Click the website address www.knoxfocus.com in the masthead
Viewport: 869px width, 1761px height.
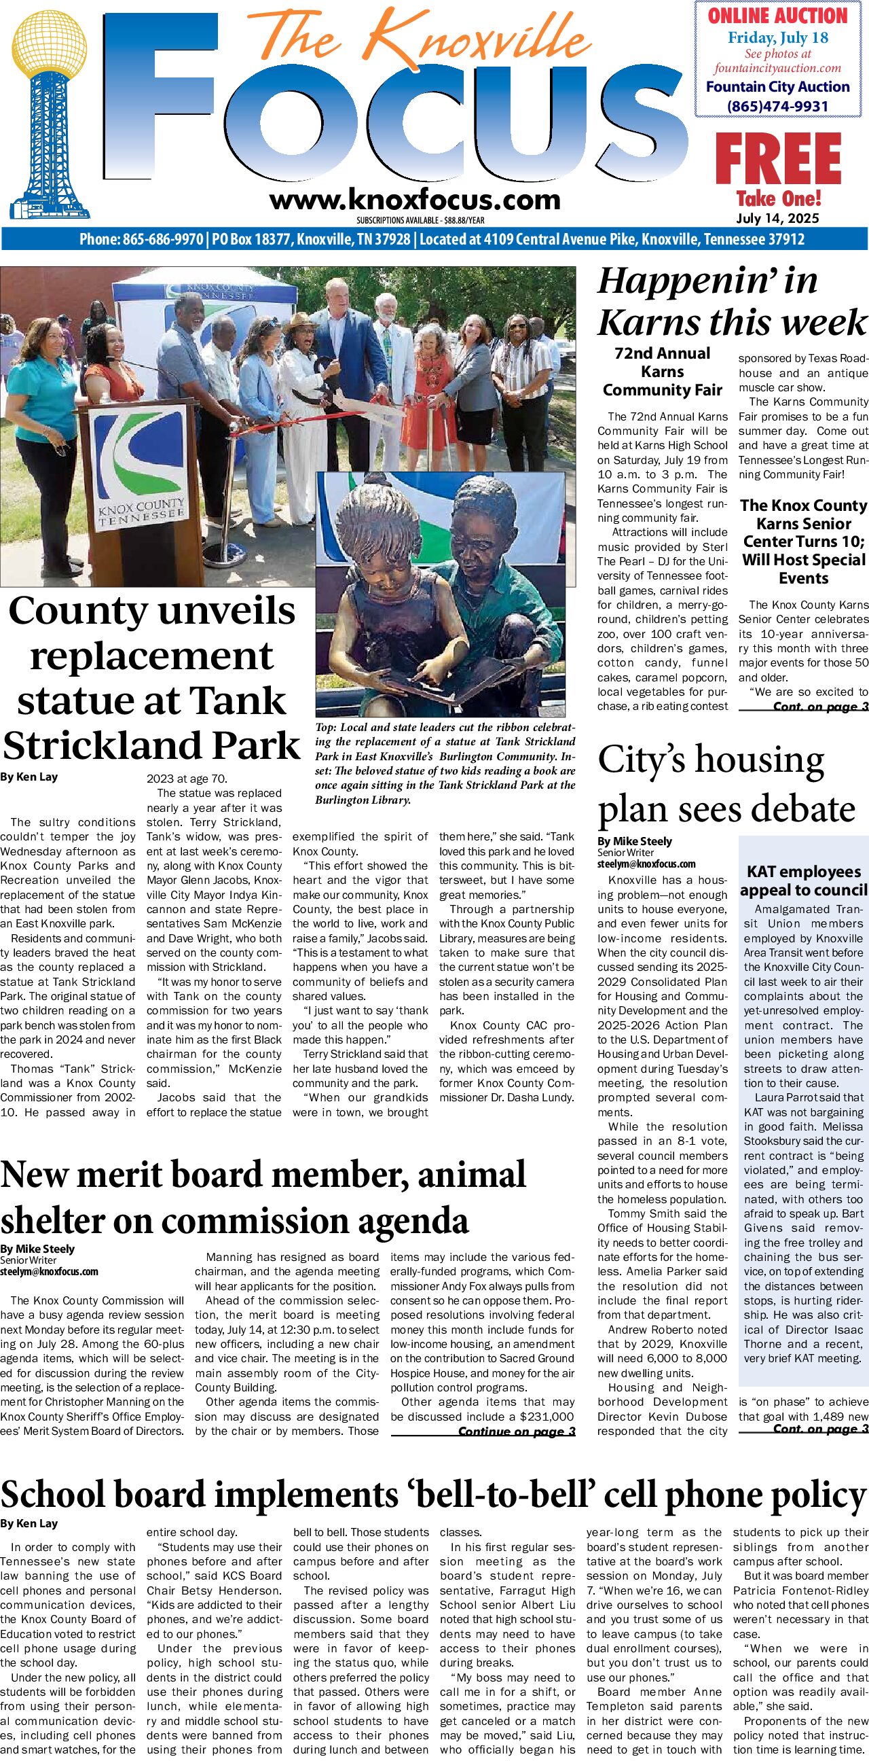415,200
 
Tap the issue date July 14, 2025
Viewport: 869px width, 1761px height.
777,218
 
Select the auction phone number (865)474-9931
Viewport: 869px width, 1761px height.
777,106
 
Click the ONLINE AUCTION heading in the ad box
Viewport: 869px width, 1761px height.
777,16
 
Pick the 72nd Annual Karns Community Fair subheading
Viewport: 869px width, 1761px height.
662,372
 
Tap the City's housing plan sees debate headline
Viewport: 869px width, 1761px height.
726,784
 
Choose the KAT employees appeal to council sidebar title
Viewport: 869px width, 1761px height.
803,880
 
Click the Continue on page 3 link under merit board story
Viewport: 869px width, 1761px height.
517,1431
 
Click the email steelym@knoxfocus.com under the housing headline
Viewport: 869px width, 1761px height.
646,864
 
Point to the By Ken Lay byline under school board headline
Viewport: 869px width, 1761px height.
29,1523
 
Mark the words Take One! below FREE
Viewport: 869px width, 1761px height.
778,199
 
